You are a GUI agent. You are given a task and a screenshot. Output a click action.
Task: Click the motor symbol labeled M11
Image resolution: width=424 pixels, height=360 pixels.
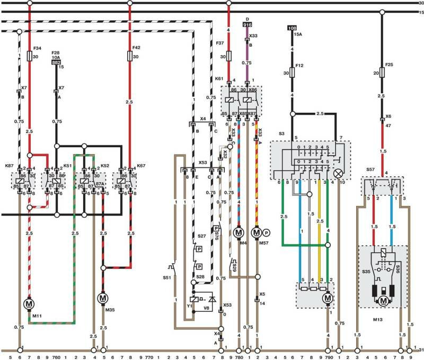click(x=29, y=304)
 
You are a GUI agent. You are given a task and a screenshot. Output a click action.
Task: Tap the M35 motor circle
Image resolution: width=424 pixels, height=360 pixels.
click(x=103, y=299)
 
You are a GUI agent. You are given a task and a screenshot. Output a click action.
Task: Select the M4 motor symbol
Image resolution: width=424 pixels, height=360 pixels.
click(x=238, y=232)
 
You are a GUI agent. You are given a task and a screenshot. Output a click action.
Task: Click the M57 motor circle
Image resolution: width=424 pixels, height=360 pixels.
click(x=257, y=232)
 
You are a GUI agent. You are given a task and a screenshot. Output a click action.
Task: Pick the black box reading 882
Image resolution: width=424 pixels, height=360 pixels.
click(x=56, y=62)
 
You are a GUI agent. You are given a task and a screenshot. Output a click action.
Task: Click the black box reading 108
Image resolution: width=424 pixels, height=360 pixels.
click(x=291, y=28)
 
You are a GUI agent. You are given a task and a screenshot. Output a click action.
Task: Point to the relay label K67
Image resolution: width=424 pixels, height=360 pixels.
click(x=140, y=165)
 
